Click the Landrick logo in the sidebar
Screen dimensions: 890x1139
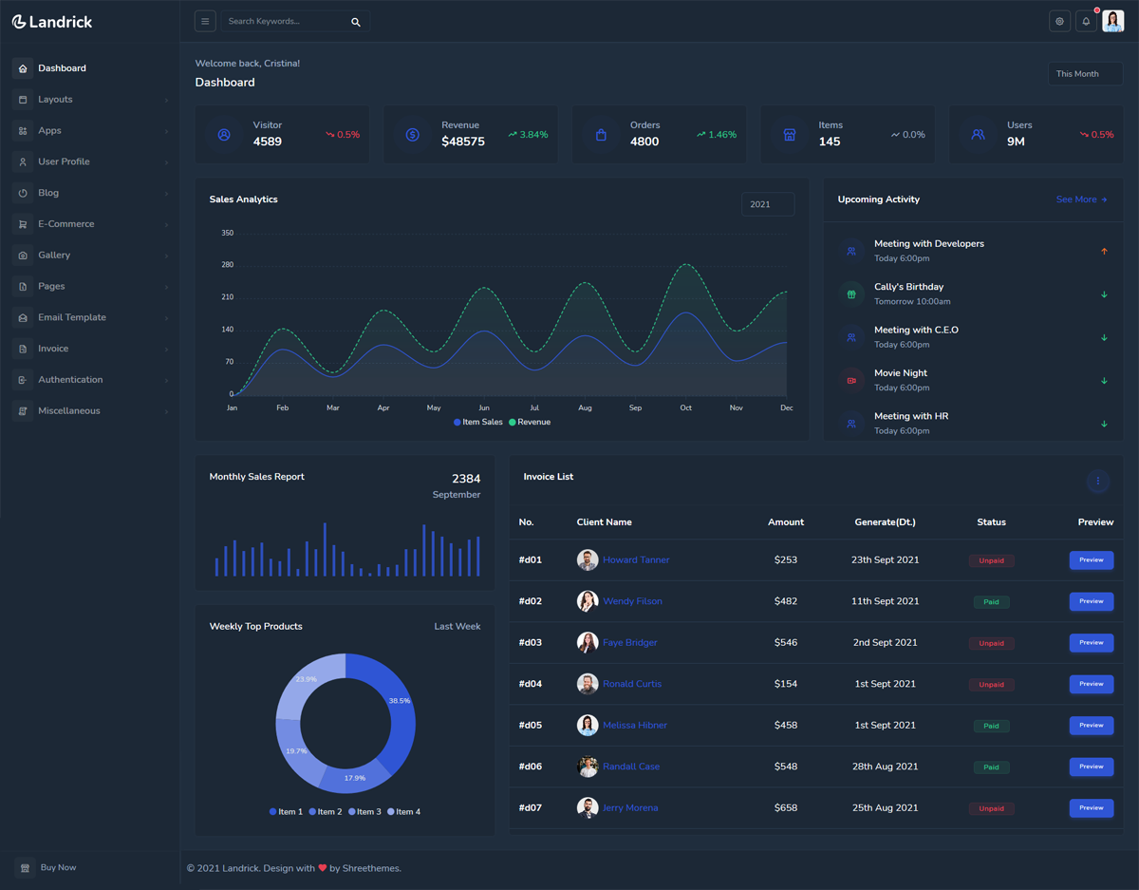(52, 22)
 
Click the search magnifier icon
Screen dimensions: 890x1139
(356, 22)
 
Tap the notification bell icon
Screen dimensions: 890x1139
(1086, 22)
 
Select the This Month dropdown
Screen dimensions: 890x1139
(1085, 74)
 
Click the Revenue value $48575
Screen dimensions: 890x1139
(463, 142)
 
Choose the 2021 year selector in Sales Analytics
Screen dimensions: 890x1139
(767, 204)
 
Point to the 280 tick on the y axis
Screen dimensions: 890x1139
(228, 265)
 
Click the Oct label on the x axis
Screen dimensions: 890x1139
(685, 407)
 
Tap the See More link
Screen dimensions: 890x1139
(1081, 199)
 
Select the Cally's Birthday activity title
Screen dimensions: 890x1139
(908, 287)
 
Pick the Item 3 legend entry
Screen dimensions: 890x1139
(364, 812)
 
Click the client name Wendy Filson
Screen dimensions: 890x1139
(632, 601)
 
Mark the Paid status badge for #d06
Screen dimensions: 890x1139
(991, 767)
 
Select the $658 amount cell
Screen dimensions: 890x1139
(786, 808)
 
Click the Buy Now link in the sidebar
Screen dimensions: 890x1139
(58, 867)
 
